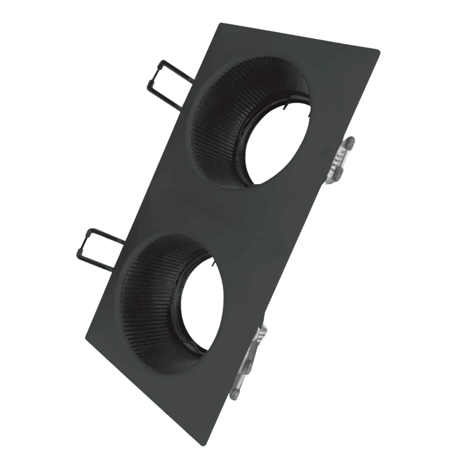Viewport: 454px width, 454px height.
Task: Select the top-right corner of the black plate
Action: click(381, 50)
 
